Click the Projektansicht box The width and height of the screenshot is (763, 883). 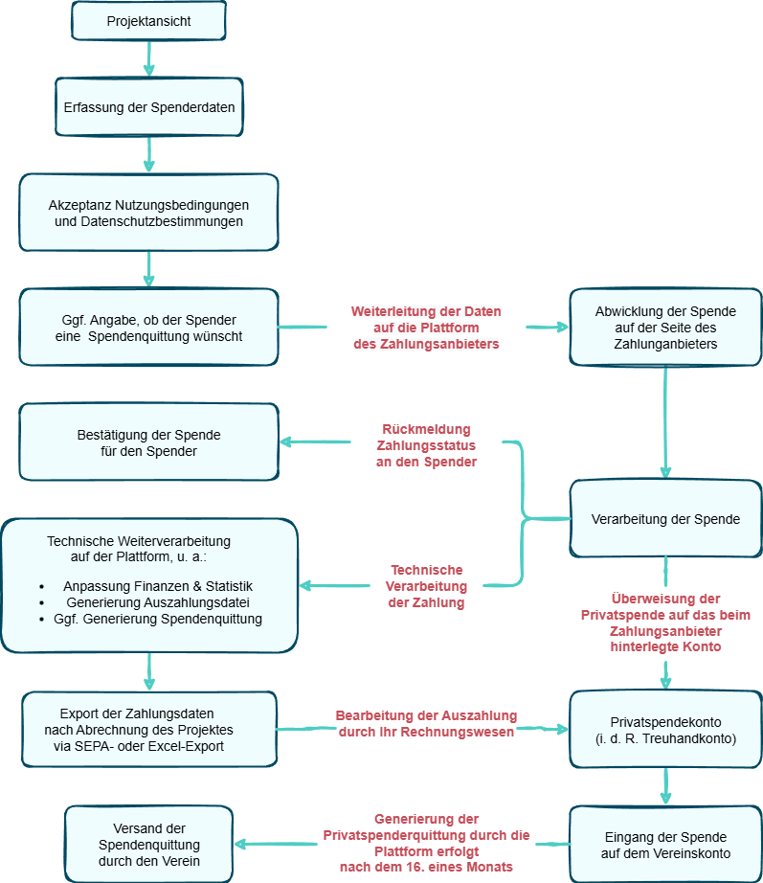(148, 21)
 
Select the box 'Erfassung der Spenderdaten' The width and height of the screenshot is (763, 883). (148, 107)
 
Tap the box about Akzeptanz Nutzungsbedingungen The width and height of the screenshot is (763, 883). (148, 213)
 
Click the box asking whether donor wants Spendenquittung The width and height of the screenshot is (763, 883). (148, 328)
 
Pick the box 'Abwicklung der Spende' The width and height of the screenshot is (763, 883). (665, 328)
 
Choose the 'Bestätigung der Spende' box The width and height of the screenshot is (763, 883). (148, 442)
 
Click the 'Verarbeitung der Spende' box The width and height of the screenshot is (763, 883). (665, 519)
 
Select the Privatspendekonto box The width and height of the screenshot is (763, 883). (665, 730)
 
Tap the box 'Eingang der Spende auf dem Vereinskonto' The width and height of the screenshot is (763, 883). (665, 845)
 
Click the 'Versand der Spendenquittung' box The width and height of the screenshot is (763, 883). (148, 845)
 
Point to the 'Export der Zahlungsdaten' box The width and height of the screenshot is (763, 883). (148, 730)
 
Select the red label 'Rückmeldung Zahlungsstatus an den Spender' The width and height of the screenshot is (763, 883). (426, 445)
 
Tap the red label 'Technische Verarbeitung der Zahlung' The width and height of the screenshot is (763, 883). (426, 586)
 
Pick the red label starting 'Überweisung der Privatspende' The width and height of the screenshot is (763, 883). (665, 623)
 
